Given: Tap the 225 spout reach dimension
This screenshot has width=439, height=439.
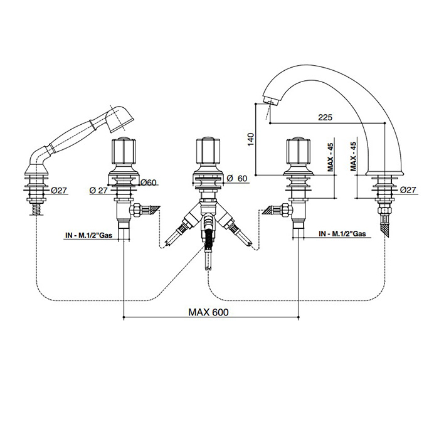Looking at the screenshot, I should coord(325,116).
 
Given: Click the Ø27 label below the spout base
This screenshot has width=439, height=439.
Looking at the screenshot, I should coord(408,189).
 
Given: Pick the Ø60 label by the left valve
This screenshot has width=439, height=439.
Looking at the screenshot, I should coord(148,182).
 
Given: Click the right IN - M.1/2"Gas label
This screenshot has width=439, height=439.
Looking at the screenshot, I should coord(341,233).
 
